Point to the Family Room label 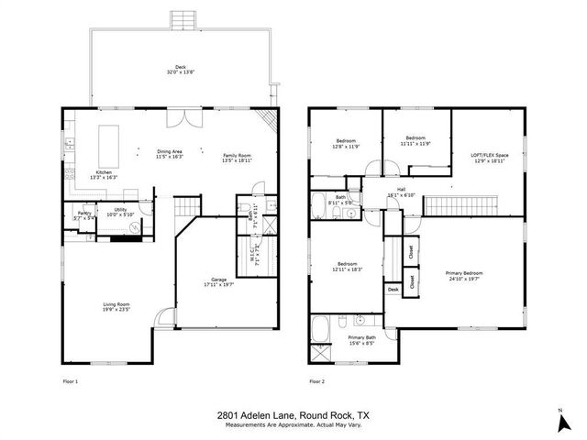coord(237,156)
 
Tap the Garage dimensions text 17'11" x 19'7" coord(218,284)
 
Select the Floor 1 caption coord(71,380)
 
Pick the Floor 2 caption coord(316,380)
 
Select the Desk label coord(393,290)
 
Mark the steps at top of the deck coord(182,19)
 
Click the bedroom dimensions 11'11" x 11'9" coord(416,144)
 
